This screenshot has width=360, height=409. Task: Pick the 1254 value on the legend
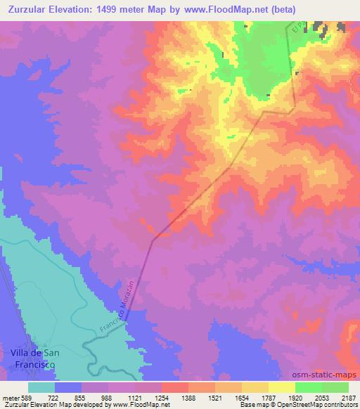pos(162,398)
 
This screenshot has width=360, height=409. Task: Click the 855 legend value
pos(82,398)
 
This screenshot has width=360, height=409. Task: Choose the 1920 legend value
pos(296,398)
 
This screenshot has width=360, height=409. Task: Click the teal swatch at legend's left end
pos(41,387)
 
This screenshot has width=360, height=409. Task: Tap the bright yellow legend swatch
pos(282,387)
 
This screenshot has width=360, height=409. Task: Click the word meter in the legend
pos(11,398)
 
